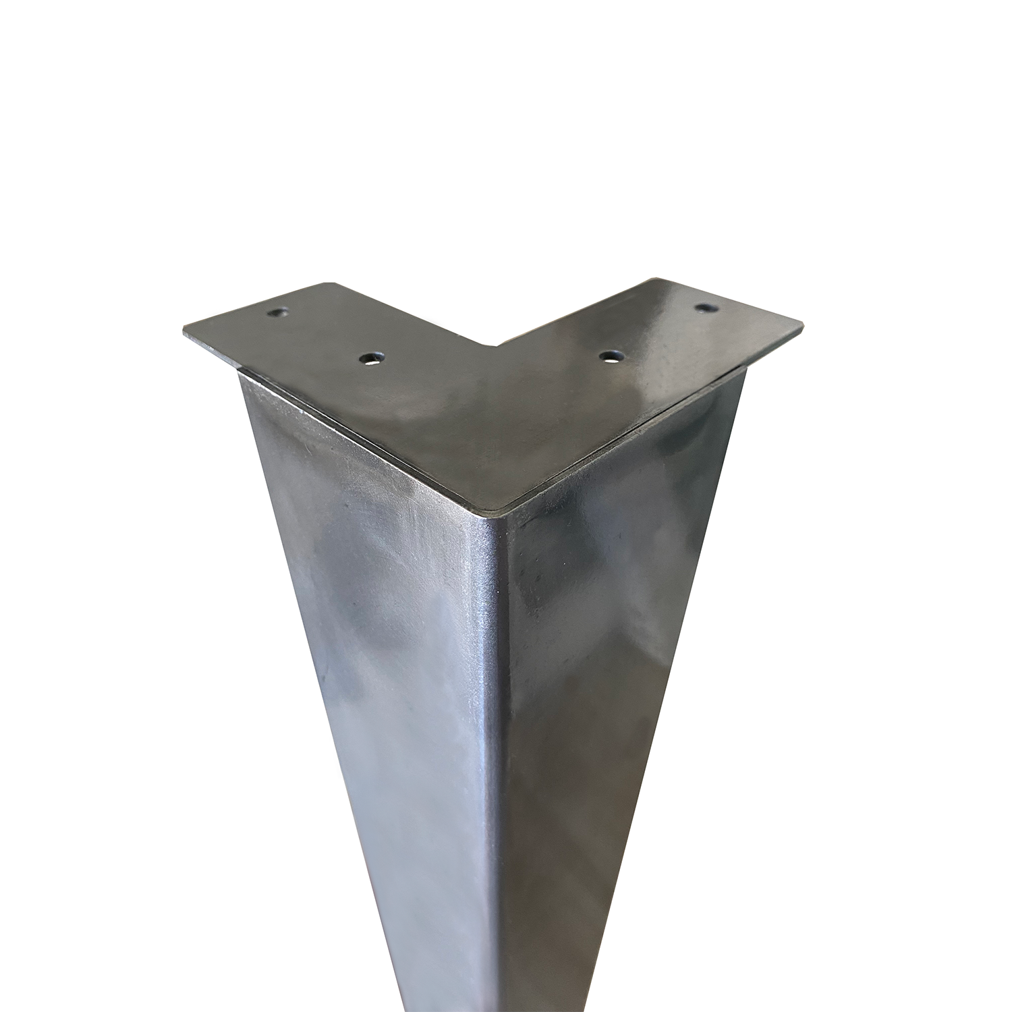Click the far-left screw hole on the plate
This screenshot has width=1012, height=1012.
click(x=277, y=313)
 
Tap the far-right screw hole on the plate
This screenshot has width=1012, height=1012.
click(x=706, y=308)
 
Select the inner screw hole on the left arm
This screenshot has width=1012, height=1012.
click(x=370, y=359)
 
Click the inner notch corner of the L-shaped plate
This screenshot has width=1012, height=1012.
click(x=499, y=348)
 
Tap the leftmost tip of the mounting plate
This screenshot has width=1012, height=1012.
click(x=184, y=338)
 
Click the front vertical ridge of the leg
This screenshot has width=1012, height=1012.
click(x=505, y=742)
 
